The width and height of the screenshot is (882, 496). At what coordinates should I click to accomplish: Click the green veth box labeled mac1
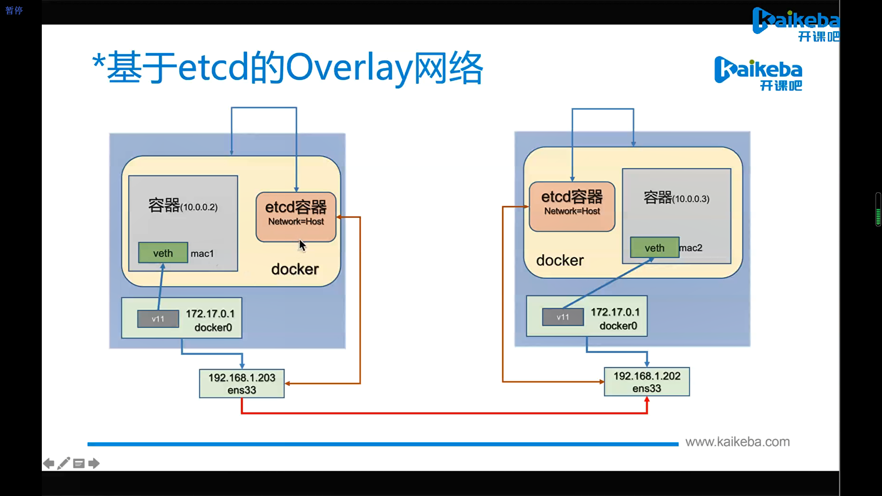pyautogui.click(x=163, y=253)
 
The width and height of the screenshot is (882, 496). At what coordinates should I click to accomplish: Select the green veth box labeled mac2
pyautogui.click(x=655, y=248)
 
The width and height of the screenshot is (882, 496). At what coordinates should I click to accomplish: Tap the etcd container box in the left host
pyautogui.click(x=296, y=217)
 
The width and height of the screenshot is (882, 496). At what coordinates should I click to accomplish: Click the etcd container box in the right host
pyautogui.click(x=572, y=207)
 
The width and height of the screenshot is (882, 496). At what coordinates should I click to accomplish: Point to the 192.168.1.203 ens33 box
pyautogui.click(x=242, y=383)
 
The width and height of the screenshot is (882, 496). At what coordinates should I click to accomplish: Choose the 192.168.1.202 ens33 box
pyautogui.click(x=647, y=382)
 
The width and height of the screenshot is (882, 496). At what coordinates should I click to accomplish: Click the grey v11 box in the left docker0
pyautogui.click(x=158, y=319)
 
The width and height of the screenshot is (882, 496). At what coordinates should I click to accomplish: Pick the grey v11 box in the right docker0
pyautogui.click(x=563, y=317)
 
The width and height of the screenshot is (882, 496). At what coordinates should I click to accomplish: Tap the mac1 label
pyautogui.click(x=202, y=254)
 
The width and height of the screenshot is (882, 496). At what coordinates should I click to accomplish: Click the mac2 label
pyautogui.click(x=691, y=248)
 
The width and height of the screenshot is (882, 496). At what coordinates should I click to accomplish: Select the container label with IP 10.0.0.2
pyautogui.click(x=183, y=205)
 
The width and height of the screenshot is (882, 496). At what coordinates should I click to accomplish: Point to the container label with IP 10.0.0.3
pyautogui.click(x=677, y=197)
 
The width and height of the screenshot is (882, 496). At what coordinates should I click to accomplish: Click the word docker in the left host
pyautogui.click(x=295, y=269)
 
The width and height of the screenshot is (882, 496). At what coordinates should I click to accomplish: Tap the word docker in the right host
pyautogui.click(x=560, y=260)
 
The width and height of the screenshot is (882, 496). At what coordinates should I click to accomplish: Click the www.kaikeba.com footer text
pyautogui.click(x=738, y=442)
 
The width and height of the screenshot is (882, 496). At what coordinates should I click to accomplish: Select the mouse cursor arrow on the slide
pyautogui.click(x=302, y=245)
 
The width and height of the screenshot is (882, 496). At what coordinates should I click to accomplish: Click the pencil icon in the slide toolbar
pyautogui.click(x=64, y=463)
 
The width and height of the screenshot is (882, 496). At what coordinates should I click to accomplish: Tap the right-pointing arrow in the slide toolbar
pyautogui.click(x=94, y=463)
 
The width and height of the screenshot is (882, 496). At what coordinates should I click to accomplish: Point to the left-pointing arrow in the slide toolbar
pyautogui.click(x=49, y=463)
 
